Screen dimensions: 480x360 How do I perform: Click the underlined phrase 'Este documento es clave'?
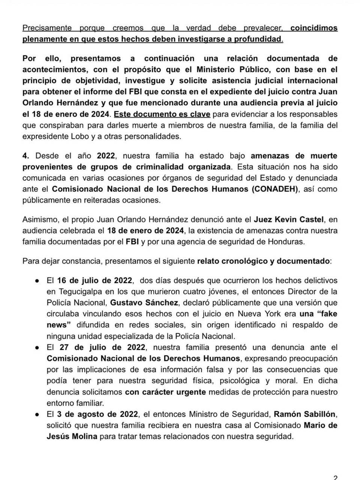(x=162, y=114)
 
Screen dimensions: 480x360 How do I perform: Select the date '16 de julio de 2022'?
(x=94, y=280)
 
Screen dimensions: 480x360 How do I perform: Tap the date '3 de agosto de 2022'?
(x=97, y=414)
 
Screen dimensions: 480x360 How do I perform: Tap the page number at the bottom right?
(x=335, y=477)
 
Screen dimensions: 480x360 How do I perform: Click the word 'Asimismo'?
(x=39, y=219)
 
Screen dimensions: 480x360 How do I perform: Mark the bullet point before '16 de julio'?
(x=37, y=280)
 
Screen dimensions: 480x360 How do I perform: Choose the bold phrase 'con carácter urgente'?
(x=165, y=392)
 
